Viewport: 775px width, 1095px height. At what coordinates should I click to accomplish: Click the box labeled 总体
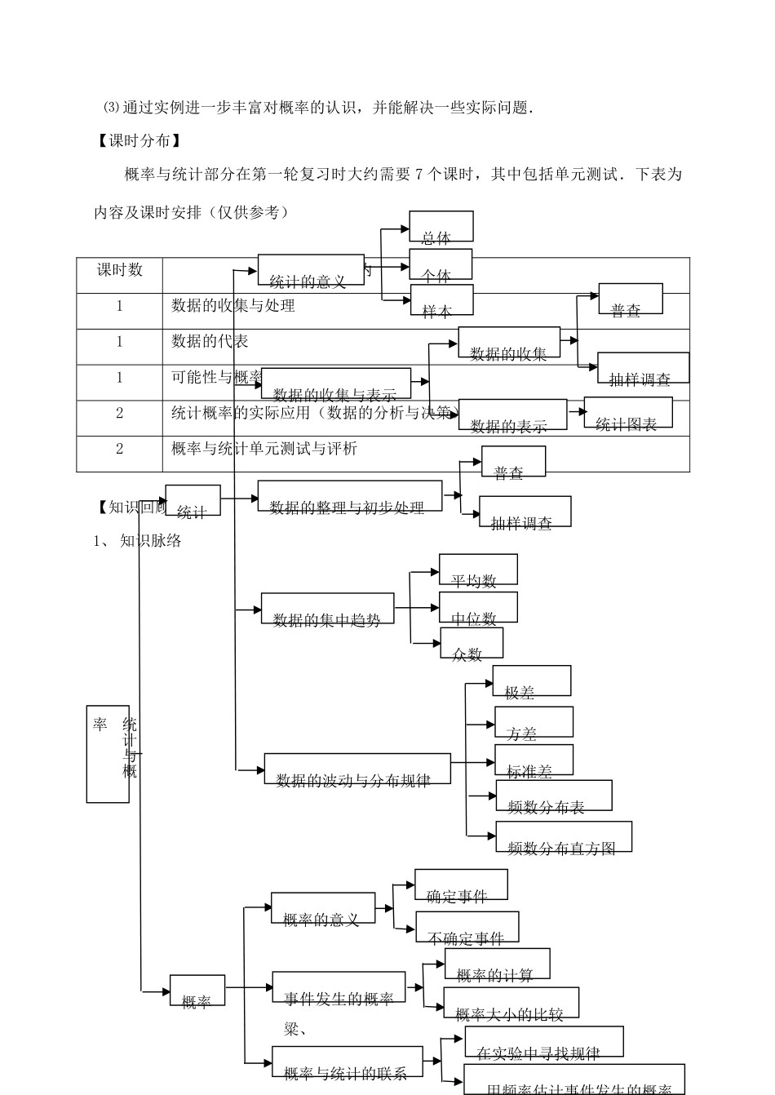point(441,227)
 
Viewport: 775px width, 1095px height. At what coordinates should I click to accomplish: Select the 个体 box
point(441,265)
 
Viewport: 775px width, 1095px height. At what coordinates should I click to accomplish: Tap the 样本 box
point(442,300)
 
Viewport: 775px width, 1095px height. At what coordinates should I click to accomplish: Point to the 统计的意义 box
point(311,270)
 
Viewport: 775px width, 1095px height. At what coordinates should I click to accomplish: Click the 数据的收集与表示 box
point(336,383)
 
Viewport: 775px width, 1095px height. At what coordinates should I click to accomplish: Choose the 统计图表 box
point(628,413)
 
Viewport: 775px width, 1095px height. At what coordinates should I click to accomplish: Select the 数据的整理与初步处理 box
point(350,496)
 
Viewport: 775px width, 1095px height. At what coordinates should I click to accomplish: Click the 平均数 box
point(478,570)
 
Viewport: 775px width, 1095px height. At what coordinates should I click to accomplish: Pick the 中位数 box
point(478,608)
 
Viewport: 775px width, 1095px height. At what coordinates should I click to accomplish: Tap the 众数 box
point(472,643)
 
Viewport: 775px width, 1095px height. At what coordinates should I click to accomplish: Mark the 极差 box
point(531,681)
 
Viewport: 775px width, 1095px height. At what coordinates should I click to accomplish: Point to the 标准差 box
point(534,760)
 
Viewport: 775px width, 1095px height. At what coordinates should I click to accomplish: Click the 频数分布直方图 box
point(564,837)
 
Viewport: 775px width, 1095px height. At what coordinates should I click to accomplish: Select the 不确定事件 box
point(467,928)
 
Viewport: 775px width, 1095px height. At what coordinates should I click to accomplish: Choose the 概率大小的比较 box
point(511,1004)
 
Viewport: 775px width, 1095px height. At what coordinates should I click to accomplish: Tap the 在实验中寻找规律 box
point(543,1043)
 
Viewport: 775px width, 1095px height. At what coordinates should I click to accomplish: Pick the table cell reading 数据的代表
point(210,342)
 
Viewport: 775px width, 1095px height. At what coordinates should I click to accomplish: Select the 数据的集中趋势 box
point(327,609)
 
